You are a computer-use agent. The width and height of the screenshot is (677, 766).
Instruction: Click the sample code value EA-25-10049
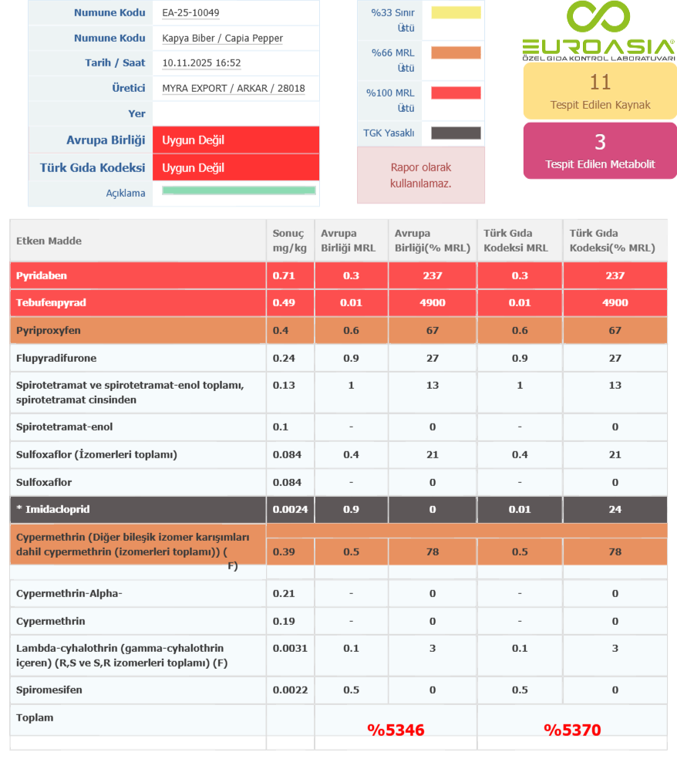190,13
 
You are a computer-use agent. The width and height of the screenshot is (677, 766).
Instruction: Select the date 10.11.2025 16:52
201,63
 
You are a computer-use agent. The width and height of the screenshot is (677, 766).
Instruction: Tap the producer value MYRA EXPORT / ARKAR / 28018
233,88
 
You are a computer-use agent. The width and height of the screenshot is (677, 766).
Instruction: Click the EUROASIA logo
598,32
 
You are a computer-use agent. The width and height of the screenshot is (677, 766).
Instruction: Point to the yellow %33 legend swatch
456,12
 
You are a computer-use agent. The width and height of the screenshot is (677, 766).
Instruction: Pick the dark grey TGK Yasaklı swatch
456,133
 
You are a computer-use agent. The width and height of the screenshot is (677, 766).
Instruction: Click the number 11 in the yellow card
600,82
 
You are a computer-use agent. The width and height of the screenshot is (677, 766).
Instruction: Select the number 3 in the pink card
600,141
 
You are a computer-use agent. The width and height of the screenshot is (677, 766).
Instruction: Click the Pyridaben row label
42,275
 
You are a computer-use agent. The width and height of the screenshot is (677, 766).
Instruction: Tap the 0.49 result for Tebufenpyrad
283,302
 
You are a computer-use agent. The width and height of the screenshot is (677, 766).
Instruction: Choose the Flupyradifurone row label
56,358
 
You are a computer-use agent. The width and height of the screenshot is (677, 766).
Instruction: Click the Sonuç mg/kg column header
288,241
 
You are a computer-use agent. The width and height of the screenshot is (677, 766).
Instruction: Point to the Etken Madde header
49,241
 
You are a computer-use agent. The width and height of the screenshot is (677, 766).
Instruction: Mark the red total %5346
396,730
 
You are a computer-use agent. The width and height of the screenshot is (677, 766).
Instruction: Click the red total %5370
572,730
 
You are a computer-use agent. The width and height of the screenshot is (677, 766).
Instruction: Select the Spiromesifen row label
49,690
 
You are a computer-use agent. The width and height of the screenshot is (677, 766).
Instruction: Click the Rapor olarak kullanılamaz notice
420,175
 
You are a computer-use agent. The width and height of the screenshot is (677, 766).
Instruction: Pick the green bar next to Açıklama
239,191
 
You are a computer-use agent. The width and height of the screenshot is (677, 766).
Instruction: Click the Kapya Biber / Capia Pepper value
222,39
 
